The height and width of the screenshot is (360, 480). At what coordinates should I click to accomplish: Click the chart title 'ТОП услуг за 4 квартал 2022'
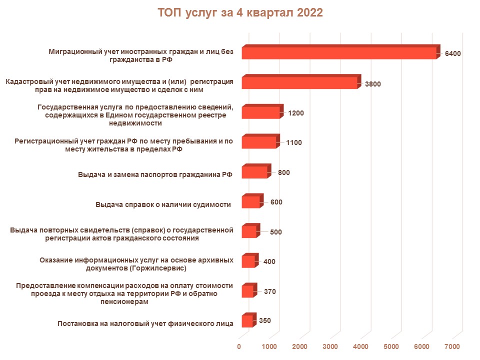[x=240, y=13]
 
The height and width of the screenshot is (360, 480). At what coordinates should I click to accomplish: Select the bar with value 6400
[x=339, y=53]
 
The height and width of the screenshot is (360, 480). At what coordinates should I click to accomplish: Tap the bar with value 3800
[x=299, y=83]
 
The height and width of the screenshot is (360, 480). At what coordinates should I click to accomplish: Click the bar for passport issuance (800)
[x=254, y=172]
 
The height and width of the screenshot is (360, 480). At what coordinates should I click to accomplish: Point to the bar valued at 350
[x=247, y=321]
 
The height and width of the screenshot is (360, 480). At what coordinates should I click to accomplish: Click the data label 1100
[x=293, y=142]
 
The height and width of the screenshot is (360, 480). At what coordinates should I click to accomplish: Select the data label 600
[x=276, y=202]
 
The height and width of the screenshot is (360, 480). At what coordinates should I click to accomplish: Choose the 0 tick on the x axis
[x=239, y=346]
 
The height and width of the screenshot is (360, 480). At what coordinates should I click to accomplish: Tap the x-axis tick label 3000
[x=330, y=346]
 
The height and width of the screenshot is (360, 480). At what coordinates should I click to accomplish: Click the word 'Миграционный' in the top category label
[x=73, y=51]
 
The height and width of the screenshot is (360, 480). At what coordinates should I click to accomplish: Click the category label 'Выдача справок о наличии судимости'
[x=163, y=204]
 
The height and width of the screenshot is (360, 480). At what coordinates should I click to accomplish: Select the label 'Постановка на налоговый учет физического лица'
[x=145, y=323]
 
